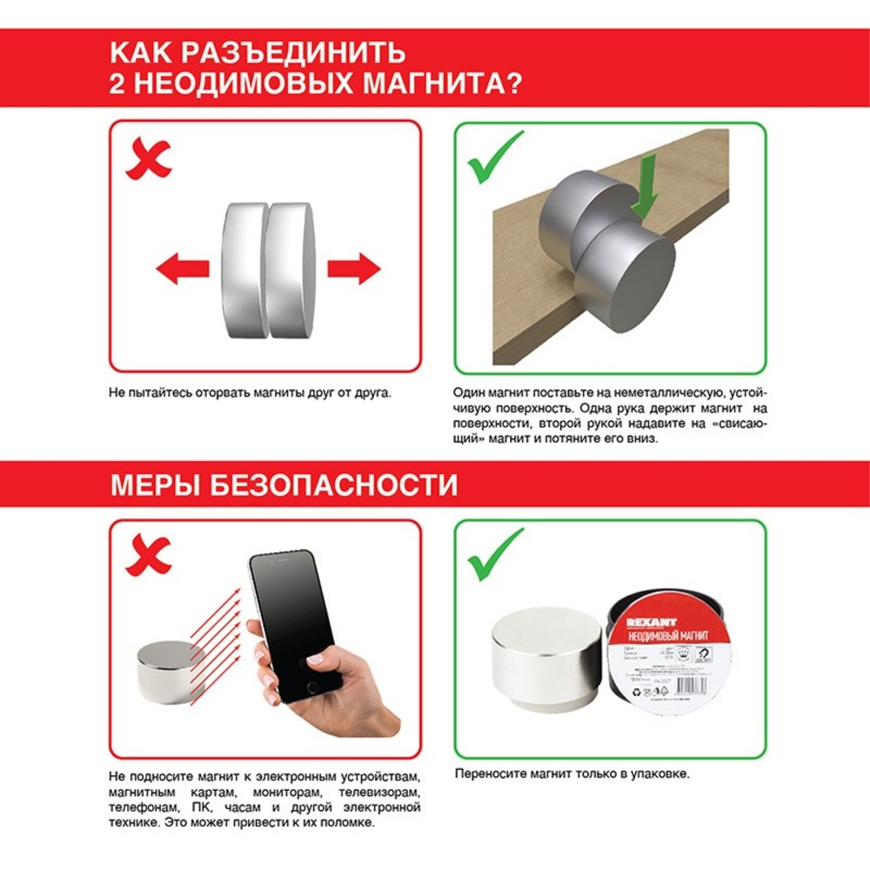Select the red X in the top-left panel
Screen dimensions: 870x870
[147, 159]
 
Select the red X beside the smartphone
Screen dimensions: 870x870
[147, 555]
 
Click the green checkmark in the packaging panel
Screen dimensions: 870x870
[495, 554]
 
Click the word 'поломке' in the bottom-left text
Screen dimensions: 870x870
[346, 822]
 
